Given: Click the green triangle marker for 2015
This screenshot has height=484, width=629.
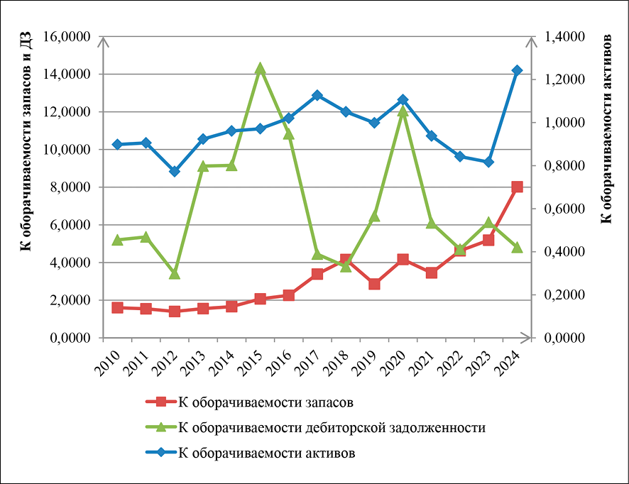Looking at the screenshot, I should pyautogui.click(x=261, y=68).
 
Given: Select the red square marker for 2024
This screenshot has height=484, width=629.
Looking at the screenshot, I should pyautogui.click(x=517, y=187).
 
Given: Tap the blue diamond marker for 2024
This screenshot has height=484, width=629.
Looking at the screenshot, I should pyautogui.click(x=517, y=70).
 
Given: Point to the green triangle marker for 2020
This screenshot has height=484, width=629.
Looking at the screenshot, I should pyautogui.click(x=403, y=111).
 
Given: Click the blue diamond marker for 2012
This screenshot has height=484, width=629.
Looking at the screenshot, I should pyautogui.click(x=175, y=171).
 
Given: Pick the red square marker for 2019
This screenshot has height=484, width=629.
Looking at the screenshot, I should pyautogui.click(x=374, y=284).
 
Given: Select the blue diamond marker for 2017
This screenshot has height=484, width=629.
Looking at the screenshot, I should pyautogui.click(x=317, y=95).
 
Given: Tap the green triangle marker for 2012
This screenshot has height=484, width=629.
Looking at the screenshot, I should pyautogui.click(x=175, y=273).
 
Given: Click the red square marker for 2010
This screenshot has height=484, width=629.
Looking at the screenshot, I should pyautogui.click(x=118, y=307).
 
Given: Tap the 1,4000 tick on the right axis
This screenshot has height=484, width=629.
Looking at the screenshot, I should pyautogui.click(x=563, y=37).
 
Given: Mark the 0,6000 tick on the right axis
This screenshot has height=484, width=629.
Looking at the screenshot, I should pyautogui.click(x=563, y=209).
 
